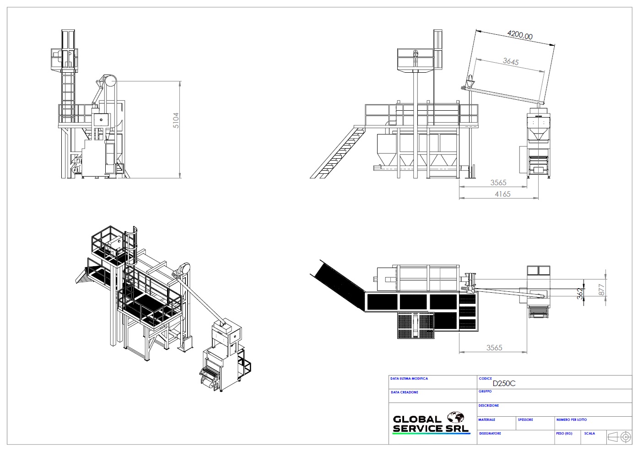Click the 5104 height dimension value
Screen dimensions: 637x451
coord(176,120)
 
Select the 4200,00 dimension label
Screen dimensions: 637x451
coord(520,35)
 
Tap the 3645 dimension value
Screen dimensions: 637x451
coord(511,61)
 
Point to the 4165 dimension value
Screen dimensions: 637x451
coord(502,194)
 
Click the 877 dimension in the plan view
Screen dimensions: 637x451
coord(601,290)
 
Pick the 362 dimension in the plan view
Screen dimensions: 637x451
coord(580,294)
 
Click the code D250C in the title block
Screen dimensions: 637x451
coord(504,384)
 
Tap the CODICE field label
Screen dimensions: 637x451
coord(485,379)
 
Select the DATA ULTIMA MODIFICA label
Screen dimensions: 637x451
coord(409,379)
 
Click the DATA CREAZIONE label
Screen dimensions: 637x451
coord(405,392)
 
